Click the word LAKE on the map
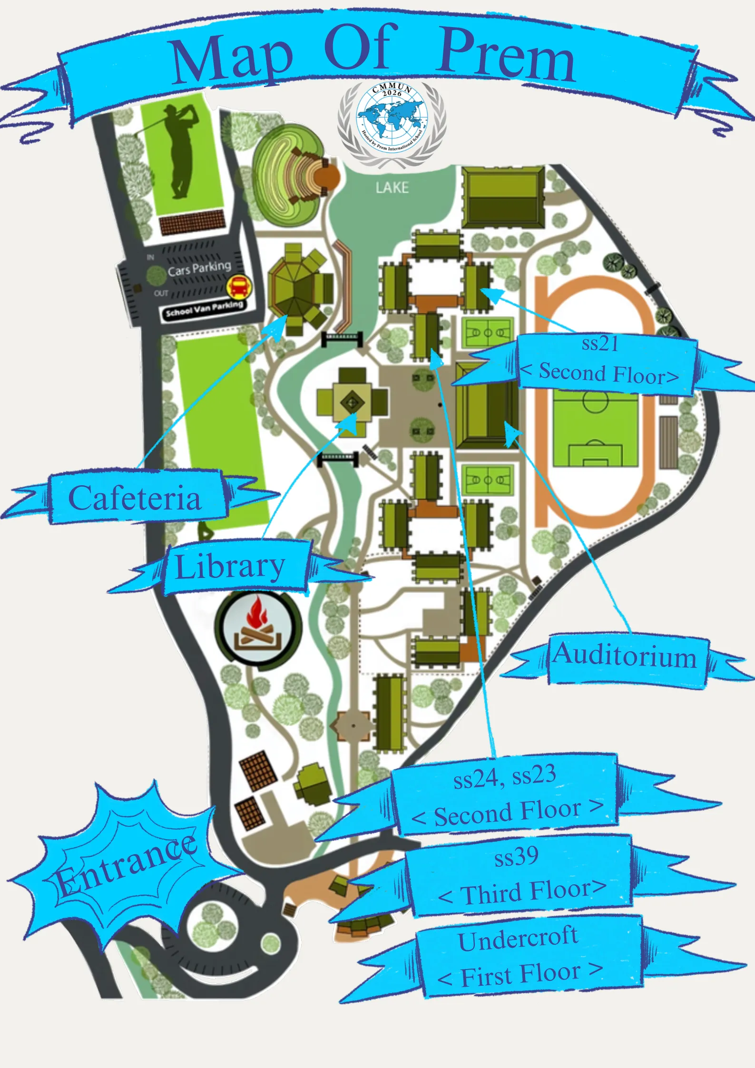pyautogui.click(x=392, y=187)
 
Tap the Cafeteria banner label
pyautogui.click(x=135, y=498)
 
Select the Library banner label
pyautogui.click(x=231, y=567)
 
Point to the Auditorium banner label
pyautogui.click(x=625, y=656)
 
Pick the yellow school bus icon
pyautogui.click(x=239, y=286)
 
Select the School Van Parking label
pyautogui.click(x=204, y=309)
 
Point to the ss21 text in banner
pyautogui.click(x=600, y=343)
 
